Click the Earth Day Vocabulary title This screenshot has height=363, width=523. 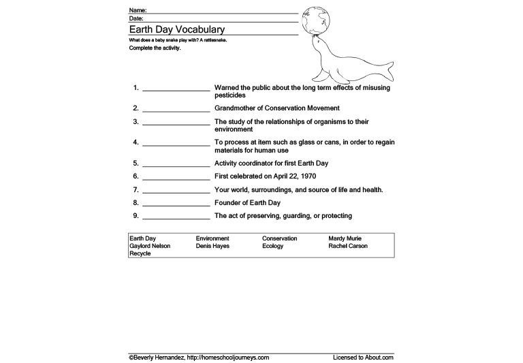tap(176, 30)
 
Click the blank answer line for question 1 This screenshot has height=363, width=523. tap(176, 89)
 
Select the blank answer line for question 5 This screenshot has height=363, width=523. tap(176, 165)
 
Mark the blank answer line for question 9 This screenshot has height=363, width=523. tap(176, 217)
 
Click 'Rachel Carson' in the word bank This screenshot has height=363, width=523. tap(347, 247)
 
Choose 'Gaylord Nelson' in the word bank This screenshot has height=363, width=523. tap(150, 247)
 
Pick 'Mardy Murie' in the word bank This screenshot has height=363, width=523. tap(346, 239)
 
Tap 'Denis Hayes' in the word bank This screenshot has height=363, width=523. tap(212, 247)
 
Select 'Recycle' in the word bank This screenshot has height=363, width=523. tap(140, 254)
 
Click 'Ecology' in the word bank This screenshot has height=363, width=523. tap(273, 247)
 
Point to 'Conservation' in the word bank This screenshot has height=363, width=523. tap(280, 239)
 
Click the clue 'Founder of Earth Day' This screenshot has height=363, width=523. tap(247, 203)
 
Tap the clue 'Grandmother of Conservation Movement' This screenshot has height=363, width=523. tap(276, 108)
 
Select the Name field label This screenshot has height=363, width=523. tap(137, 11)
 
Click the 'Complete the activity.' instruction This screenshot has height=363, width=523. tap(155, 48)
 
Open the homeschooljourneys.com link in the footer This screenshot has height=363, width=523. tap(227, 357)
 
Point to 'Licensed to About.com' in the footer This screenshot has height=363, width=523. tap(363, 357)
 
